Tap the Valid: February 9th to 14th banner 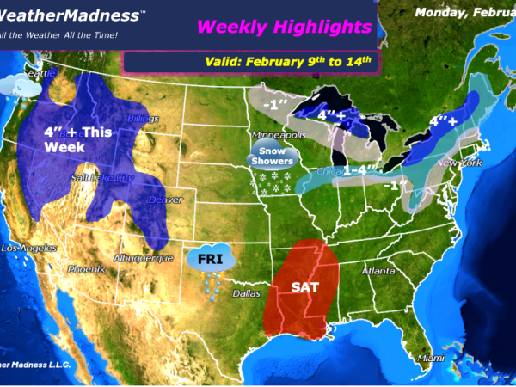click(288, 60)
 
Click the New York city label click(458, 163)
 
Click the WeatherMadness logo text click(64, 15)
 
